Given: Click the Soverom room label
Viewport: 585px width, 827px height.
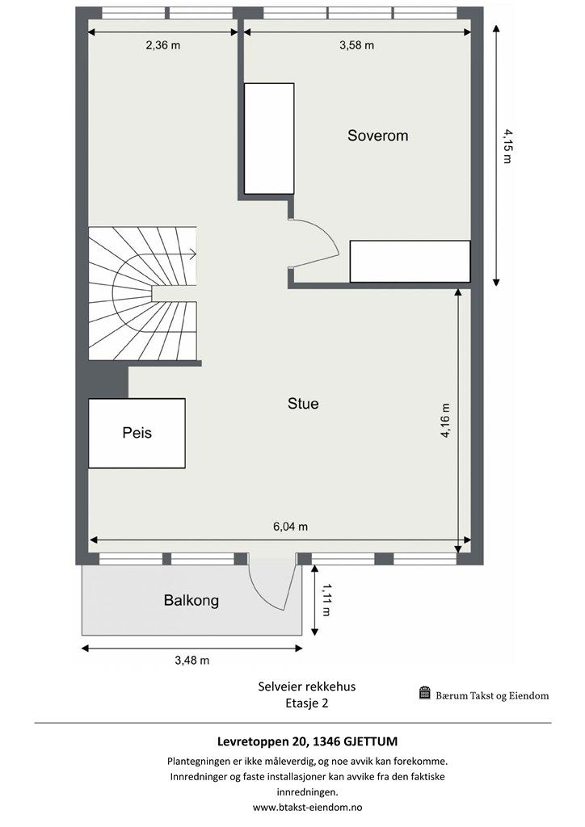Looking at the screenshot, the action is (377, 136).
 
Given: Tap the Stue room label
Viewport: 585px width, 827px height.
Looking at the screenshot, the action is (303, 404).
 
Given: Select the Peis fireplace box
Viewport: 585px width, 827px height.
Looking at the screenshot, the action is (137, 433).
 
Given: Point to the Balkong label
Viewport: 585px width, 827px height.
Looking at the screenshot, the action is (191, 600).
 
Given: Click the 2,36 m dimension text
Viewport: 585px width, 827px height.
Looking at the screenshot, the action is (163, 45).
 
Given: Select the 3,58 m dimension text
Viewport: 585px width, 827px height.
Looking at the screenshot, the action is (356, 45).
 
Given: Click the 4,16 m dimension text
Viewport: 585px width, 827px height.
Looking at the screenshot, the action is (445, 421).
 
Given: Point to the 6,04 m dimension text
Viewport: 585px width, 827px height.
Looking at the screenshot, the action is (290, 527).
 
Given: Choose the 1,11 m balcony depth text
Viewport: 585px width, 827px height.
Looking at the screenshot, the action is (326, 600).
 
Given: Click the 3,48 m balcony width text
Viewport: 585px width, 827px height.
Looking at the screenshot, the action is (192, 661).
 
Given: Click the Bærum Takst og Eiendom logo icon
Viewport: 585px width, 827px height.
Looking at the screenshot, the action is (425, 693).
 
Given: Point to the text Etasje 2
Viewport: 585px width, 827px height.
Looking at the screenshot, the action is (306, 703).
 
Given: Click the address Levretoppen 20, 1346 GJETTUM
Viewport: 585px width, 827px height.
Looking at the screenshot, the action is (308, 741).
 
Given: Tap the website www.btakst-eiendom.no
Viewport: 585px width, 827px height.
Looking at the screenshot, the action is (308, 807).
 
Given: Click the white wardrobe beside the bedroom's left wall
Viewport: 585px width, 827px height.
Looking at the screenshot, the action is (269, 138).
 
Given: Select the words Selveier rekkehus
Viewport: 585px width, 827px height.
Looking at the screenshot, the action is (307, 686).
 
